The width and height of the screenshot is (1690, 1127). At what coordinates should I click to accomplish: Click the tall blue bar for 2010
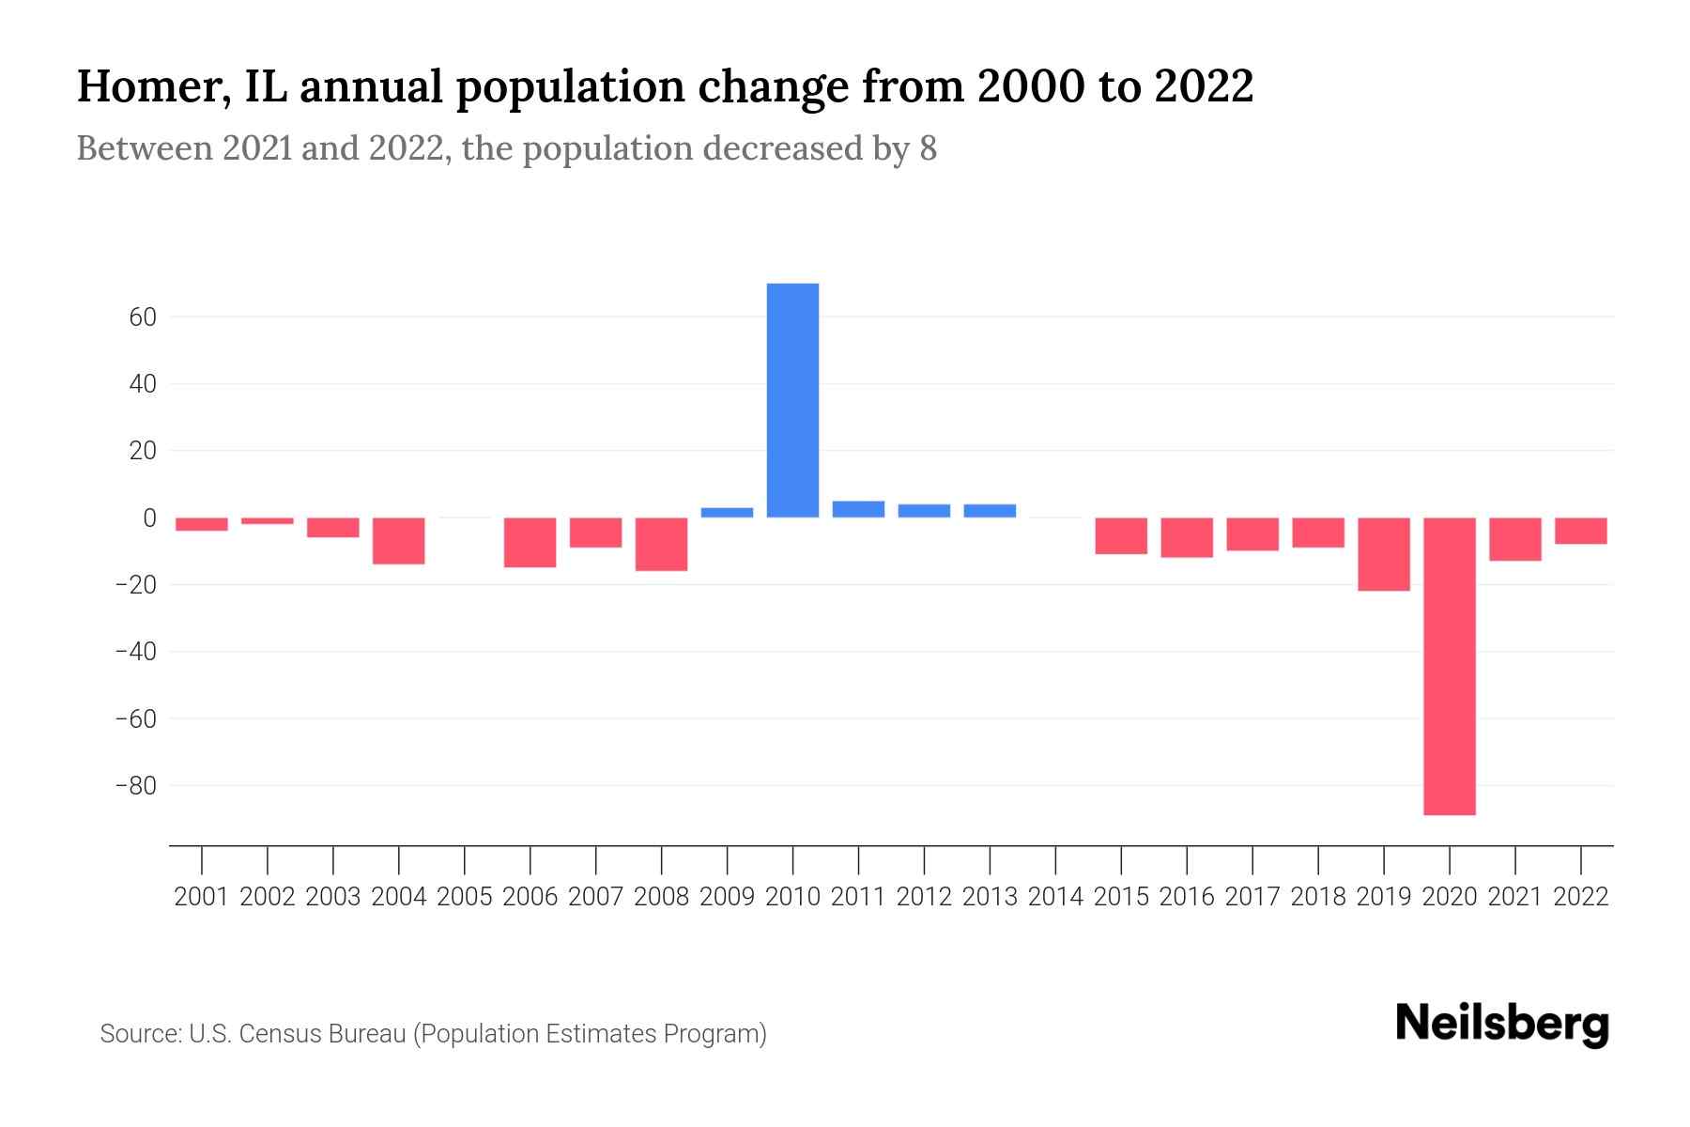click(792, 400)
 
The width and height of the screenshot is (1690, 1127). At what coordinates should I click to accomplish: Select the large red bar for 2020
click(1449, 666)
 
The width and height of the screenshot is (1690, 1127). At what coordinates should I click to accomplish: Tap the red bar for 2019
click(1383, 554)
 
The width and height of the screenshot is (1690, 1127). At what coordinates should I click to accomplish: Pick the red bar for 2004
click(399, 541)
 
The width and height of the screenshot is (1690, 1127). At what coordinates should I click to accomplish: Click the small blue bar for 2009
click(727, 513)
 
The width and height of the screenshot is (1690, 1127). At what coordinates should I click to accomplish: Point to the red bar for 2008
click(661, 544)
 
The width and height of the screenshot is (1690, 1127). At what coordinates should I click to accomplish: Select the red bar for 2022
click(1580, 531)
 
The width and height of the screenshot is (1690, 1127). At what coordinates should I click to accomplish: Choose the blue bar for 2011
click(858, 509)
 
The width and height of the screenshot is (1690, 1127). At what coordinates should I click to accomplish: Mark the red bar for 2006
click(530, 542)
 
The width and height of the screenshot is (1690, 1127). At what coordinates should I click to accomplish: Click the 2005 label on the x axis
click(465, 897)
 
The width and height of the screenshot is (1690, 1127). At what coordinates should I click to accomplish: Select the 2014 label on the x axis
click(1055, 897)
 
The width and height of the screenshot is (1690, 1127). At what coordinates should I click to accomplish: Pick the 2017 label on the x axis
click(1252, 897)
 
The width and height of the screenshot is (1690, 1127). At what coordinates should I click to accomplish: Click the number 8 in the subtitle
click(928, 149)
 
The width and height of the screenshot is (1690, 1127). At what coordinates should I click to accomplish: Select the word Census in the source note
click(278, 1034)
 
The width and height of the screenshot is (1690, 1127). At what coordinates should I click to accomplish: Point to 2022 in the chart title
click(1204, 86)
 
